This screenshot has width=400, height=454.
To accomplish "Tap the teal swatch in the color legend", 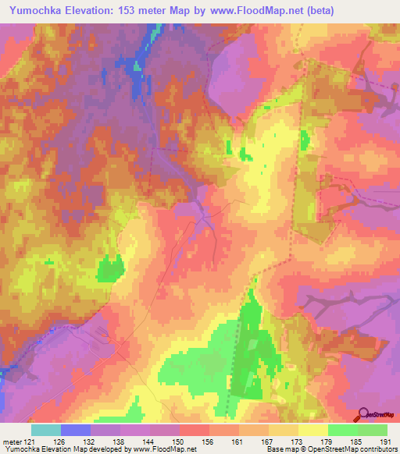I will click(46, 430).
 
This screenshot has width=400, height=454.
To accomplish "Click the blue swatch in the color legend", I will click(76, 430).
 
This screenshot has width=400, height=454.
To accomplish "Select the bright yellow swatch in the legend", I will click(313, 430).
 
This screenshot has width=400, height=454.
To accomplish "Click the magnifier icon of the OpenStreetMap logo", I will click(364, 414).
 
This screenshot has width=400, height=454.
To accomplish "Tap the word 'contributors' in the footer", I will click(380, 449).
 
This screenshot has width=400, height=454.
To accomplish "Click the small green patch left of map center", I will click(110, 269).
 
